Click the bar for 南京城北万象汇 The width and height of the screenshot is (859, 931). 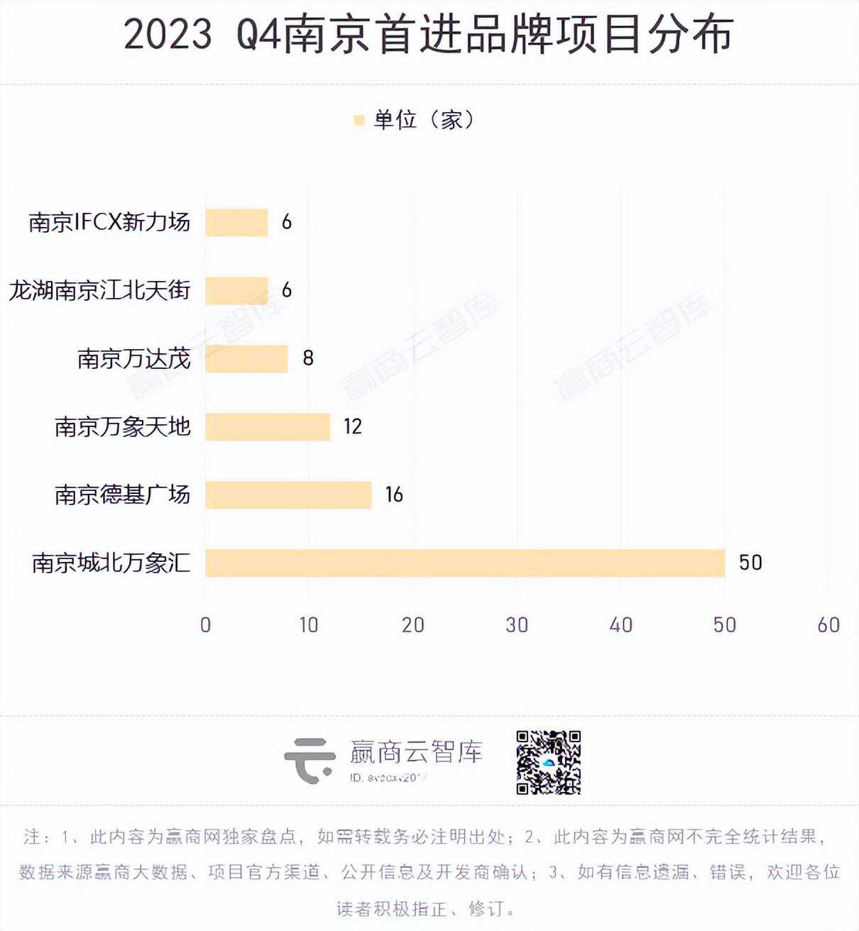click(465, 563)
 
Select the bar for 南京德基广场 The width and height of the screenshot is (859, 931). click(288, 495)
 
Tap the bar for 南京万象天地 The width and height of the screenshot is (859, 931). click(268, 426)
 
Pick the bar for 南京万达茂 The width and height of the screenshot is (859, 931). click(246, 358)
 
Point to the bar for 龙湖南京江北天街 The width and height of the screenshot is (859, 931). click(236, 290)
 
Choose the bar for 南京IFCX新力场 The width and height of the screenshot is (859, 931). click(236, 222)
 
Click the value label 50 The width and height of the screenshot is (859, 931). click(750, 563)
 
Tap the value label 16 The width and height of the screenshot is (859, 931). click(394, 495)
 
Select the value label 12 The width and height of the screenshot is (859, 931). click(353, 426)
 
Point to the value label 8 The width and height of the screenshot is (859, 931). click(308, 358)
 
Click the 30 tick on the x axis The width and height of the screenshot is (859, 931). click(517, 625)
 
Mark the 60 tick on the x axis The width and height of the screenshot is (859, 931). click(828, 625)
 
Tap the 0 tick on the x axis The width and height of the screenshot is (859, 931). click(205, 625)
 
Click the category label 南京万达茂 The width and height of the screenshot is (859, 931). click(134, 358)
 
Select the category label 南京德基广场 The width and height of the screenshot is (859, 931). click(123, 495)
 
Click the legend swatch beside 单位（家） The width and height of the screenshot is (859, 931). click(359, 121)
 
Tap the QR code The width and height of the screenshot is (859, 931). click(548, 762)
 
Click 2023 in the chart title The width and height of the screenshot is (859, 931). click(168, 34)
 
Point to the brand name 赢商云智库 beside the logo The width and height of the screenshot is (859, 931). click(416, 752)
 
